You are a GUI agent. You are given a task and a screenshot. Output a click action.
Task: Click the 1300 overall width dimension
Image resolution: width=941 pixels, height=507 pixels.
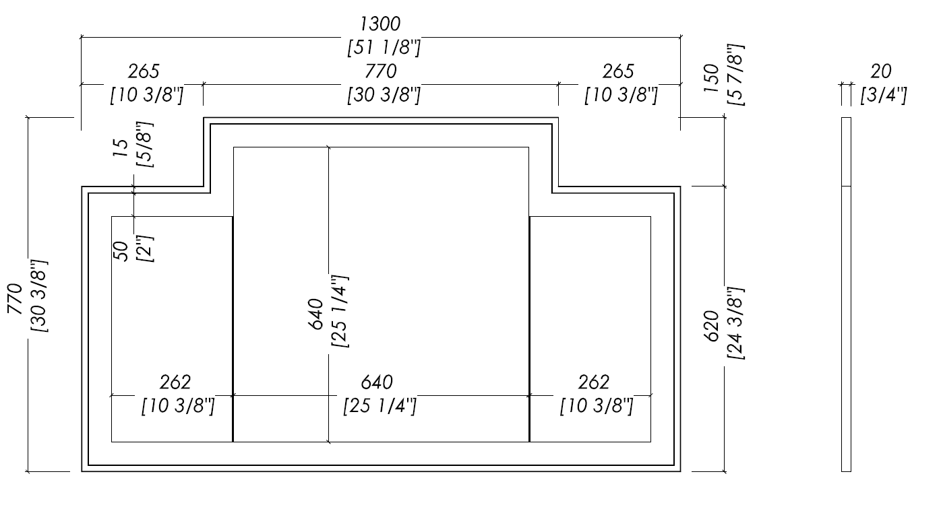[380, 24]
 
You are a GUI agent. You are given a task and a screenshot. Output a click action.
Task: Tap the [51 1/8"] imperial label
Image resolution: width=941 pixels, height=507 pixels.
[384, 47]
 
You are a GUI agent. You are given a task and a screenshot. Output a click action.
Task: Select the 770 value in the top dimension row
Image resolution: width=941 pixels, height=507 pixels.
[381, 71]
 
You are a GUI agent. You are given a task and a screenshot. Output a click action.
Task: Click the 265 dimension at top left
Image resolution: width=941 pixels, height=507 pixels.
[144, 71]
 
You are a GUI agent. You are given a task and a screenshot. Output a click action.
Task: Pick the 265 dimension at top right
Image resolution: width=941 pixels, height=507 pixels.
[618, 71]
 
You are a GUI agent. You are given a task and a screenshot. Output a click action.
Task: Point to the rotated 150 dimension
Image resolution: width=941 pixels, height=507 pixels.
[711, 79]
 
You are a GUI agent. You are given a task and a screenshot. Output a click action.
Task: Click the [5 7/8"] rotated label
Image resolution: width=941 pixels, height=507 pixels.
[735, 75]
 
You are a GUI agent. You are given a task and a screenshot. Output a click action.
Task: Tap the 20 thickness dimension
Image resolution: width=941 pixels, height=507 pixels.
[880, 71]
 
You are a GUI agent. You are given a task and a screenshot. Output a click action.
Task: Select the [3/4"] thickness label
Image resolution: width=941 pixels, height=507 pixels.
[884, 95]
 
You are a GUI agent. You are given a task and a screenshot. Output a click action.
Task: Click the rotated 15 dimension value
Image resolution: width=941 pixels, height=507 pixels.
[120, 147]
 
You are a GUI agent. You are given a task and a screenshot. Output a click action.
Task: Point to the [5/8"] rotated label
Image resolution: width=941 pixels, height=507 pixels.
[145, 145]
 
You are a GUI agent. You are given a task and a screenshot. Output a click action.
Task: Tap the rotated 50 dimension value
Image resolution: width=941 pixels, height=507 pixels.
[121, 251]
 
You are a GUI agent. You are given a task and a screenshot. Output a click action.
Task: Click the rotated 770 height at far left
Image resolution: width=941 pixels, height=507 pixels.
[15, 299]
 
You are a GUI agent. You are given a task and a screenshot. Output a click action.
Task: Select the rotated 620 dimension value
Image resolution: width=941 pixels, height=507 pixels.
[711, 326]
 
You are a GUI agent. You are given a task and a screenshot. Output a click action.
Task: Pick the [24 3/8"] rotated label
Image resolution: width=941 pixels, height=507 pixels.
[735, 323]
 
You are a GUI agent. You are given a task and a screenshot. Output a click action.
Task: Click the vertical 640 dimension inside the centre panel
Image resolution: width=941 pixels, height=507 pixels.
[315, 314]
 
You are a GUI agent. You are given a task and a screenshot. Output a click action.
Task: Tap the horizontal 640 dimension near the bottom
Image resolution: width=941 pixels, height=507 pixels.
[377, 382]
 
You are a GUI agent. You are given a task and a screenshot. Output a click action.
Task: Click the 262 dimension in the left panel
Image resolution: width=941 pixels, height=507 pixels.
[175, 382]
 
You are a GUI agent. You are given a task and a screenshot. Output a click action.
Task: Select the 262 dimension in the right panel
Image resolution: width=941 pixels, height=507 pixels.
[594, 382]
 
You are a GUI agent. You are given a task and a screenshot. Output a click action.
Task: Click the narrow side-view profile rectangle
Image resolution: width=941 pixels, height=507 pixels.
[846, 295]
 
